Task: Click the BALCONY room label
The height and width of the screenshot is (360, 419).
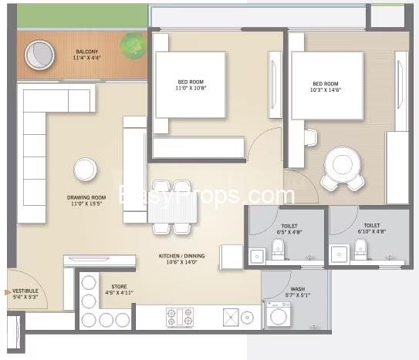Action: coord(87,52)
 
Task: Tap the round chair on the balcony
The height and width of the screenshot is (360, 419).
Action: coord(39,56)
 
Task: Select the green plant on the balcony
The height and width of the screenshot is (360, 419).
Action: coord(133,45)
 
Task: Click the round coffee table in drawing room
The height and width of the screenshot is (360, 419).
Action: coord(85,170)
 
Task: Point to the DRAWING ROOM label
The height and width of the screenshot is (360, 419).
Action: coord(86,197)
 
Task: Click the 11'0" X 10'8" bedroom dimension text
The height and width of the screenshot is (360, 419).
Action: coord(191,88)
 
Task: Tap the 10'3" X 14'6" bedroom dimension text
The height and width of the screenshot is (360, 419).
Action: coord(326,90)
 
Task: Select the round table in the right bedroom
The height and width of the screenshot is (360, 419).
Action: coord(343,163)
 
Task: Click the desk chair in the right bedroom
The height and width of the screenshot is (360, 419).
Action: coord(311,137)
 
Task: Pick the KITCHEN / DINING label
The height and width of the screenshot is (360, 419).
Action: coord(181,256)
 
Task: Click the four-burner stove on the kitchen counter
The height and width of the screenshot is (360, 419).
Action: coord(180,318)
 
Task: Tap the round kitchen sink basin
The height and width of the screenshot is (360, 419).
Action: coord(247,318)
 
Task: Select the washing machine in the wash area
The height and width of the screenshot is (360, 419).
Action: coord(279,315)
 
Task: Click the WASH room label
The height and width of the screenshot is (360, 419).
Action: coord(298,289)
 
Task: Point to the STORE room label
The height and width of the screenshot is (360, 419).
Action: coord(119,287)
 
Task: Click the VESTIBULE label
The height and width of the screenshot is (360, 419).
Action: coord(25,291)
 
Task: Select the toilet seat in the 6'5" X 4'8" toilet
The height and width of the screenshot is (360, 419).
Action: coord(278,249)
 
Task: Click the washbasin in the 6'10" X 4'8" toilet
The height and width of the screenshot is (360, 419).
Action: coord(339,254)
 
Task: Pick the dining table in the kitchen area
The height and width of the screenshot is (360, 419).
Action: coord(172,207)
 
